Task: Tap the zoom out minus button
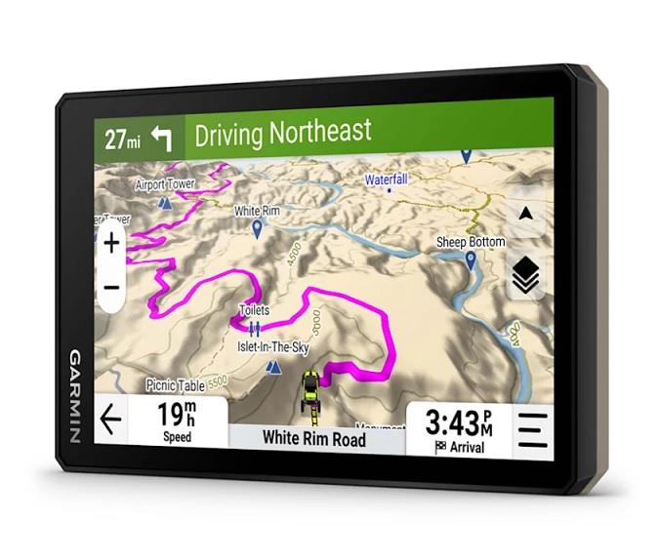click(111, 288)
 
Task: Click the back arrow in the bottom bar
click(111, 420)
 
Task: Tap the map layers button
click(526, 277)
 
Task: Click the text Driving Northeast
click(282, 133)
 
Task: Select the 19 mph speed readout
click(177, 420)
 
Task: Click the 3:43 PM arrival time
click(458, 426)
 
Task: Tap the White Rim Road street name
click(313, 438)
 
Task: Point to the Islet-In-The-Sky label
click(274, 346)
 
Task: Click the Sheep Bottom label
click(471, 242)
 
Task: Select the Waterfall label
click(387, 180)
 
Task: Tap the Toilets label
click(254, 310)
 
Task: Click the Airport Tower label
click(165, 184)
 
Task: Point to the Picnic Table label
click(176, 384)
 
